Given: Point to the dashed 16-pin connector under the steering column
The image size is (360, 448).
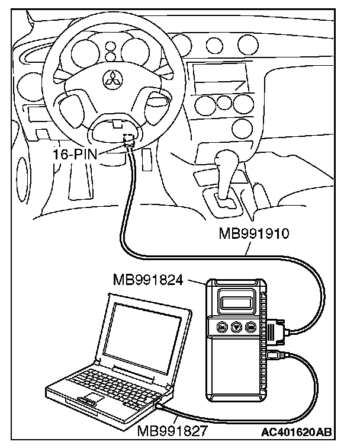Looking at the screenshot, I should click(x=128, y=140).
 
